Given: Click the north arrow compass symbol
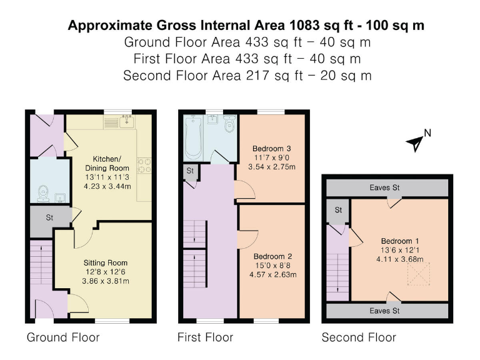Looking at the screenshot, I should (x=415, y=143).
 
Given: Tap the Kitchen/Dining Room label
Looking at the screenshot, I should (x=107, y=164).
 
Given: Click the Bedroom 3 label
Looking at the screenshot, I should (x=272, y=149).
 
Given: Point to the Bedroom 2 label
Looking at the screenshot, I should (x=273, y=256).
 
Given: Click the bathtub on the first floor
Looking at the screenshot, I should (x=193, y=137).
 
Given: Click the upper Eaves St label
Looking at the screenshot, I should (x=386, y=187).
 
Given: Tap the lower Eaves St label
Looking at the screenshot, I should (x=386, y=311).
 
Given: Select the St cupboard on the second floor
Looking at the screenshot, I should (x=338, y=210).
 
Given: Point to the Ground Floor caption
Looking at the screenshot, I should (x=62, y=337).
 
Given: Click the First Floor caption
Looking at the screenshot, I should (x=206, y=337).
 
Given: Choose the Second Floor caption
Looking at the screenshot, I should (x=359, y=337).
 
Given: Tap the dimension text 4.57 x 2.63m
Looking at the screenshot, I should (x=273, y=274).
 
